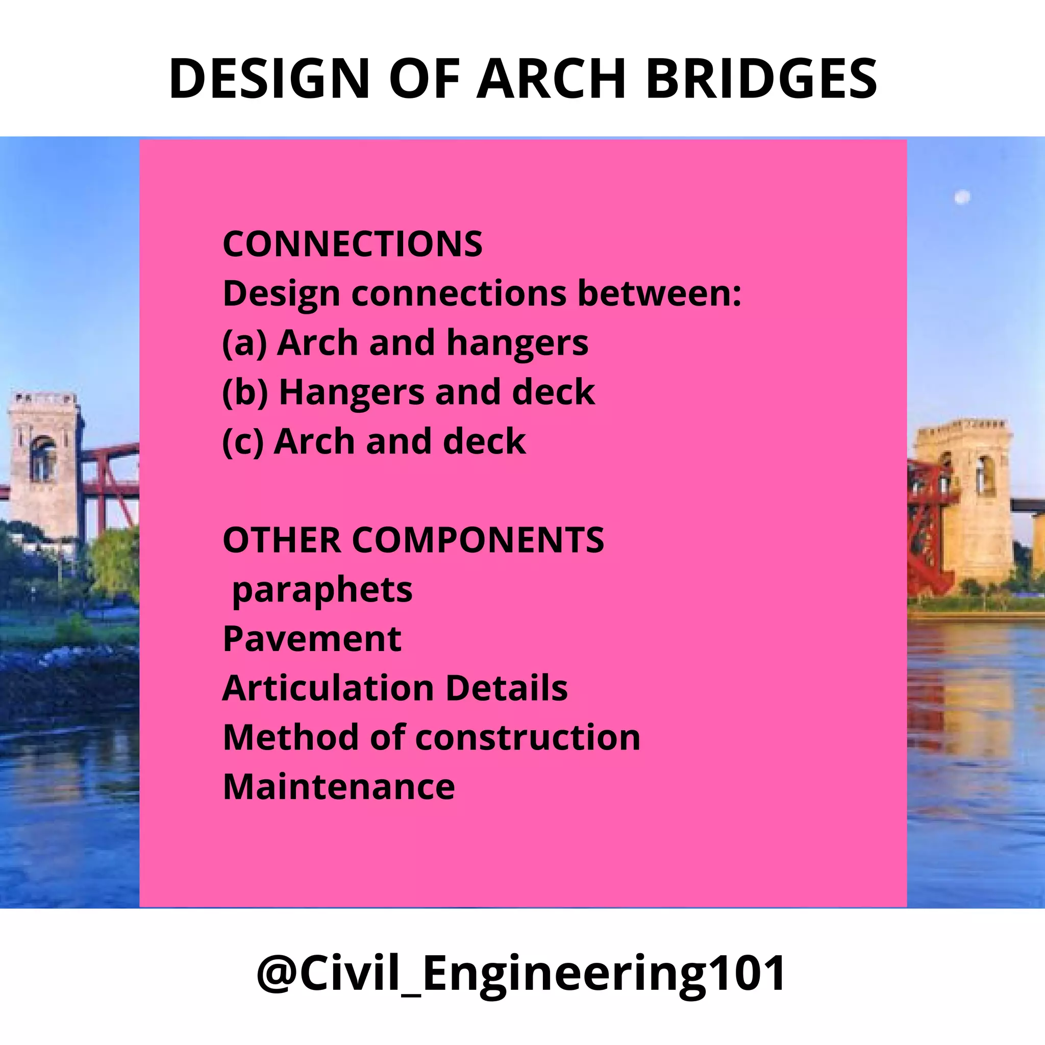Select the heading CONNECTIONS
pyautogui.click(x=353, y=244)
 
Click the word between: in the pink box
pyautogui.click(x=660, y=293)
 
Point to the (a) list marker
pyautogui.click(x=244, y=343)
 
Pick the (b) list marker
pyautogui.click(x=245, y=392)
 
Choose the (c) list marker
pyautogui.click(x=243, y=442)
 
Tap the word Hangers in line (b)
pyautogui.click(x=352, y=393)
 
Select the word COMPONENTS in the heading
pyautogui.click(x=478, y=540)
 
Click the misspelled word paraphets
pyautogui.click(x=322, y=591)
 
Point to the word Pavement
pyautogui.click(x=312, y=639)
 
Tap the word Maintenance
pyautogui.click(x=339, y=787)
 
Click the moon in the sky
pyautogui.click(x=962, y=197)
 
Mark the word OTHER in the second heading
pyautogui.click(x=282, y=540)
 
